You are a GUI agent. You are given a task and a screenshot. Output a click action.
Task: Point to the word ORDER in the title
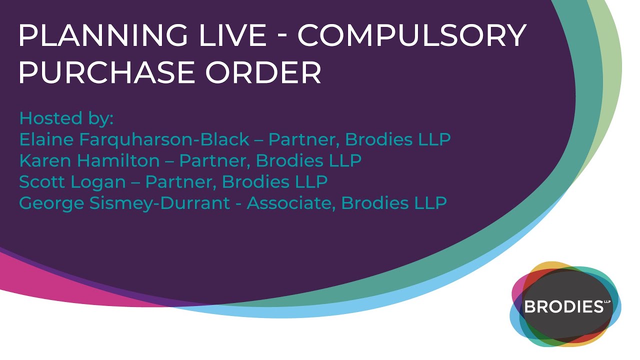coord(263,73)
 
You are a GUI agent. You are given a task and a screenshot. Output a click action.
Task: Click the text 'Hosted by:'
coord(66,118)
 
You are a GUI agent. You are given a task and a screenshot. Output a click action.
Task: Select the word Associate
coord(289,203)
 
